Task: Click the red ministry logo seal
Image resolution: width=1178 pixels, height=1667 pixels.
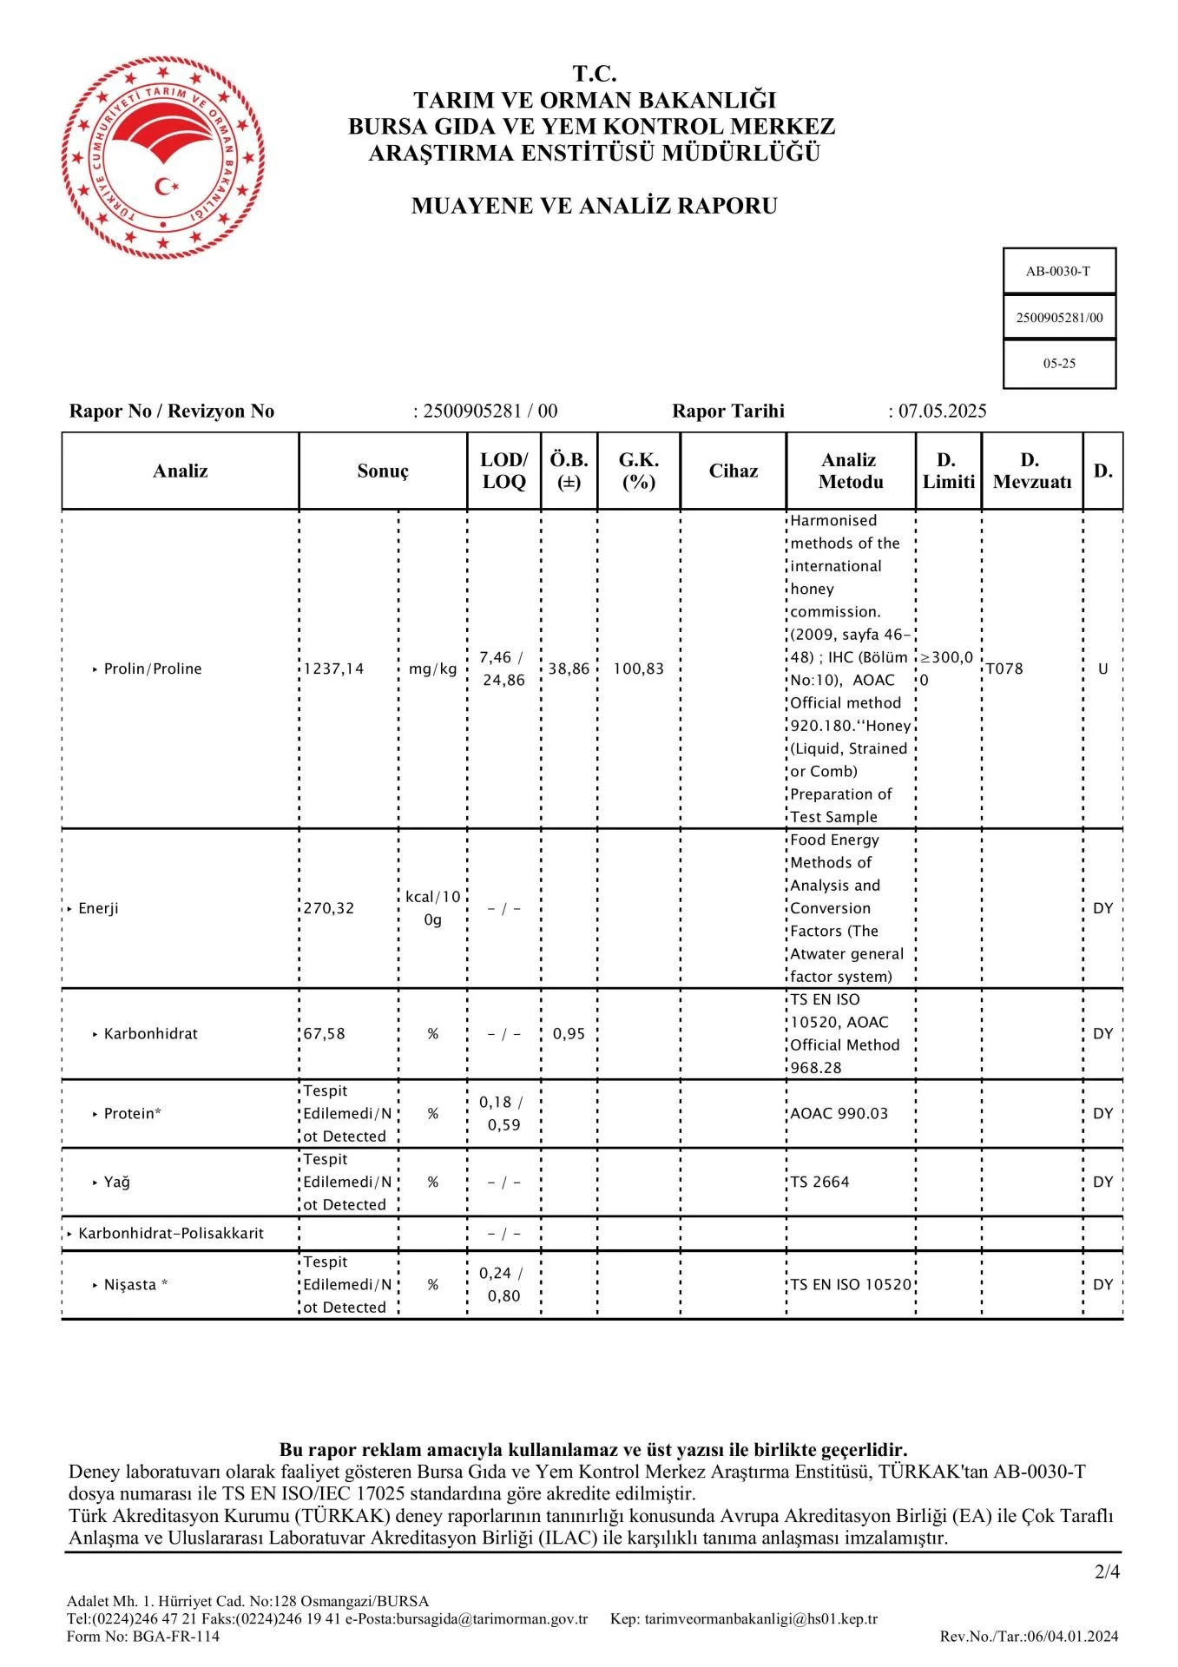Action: pyautogui.click(x=163, y=156)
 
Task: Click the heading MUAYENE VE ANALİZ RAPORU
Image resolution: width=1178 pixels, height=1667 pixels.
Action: pyautogui.click(x=594, y=206)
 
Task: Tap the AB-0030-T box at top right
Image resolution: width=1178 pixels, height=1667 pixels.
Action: pyautogui.click(x=1058, y=271)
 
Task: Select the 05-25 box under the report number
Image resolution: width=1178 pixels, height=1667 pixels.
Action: pyautogui.click(x=1059, y=364)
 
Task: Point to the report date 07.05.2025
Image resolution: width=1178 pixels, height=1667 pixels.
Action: pyautogui.click(x=942, y=411)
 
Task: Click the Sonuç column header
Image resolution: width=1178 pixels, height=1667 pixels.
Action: pyautogui.click(x=383, y=471)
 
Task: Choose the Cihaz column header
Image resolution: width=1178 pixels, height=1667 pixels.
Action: pyautogui.click(x=734, y=471)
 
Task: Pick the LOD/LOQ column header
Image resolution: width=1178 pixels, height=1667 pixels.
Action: pyautogui.click(x=504, y=471)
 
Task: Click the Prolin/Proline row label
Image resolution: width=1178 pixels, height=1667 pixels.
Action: pyautogui.click(x=153, y=669)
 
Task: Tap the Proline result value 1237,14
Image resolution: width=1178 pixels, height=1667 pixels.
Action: pyautogui.click(x=333, y=669)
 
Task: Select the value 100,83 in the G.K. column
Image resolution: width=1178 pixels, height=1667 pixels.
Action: pyautogui.click(x=638, y=669)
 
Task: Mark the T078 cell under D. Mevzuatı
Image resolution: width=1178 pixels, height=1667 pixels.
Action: pyautogui.click(x=1004, y=669)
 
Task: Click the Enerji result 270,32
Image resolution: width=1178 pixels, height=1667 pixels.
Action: pyautogui.click(x=329, y=908)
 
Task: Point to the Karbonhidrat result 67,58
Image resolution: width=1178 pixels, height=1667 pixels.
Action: pyautogui.click(x=325, y=1034)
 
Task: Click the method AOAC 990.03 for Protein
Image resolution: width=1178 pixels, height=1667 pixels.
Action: pyautogui.click(x=839, y=1113)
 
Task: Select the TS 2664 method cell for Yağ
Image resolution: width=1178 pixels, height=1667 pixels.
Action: pyautogui.click(x=819, y=1182)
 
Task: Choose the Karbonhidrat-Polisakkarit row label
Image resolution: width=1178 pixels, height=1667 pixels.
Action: pyautogui.click(x=171, y=1233)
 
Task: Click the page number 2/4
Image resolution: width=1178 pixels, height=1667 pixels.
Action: pyautogui.click(x=1107, y=1571)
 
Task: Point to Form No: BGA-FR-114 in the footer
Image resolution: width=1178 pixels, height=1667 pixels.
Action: pyautogui.click(x=143, y=1637)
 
